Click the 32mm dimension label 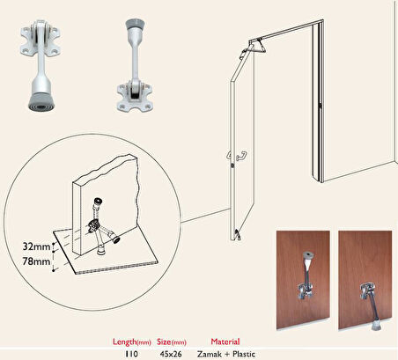coord(36,246)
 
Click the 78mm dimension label coord(36,261)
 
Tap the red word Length coord(125,342)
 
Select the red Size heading coord(164,342)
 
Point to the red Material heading coord(225,342)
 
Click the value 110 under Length coord(131,354)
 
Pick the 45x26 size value coord(171,354)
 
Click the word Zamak coord(210,354)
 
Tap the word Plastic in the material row coord(244,354)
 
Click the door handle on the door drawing coord(237,155)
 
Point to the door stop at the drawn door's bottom coord(237,235)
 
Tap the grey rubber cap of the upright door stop coord(134,24)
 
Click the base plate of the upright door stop coord(135,96)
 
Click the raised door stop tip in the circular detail coord(98,202)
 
